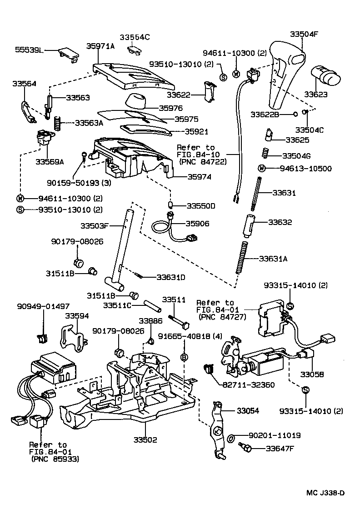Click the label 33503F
coord(95,225)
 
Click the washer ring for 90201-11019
coord(231,438)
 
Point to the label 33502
coord(145,439)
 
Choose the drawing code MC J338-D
coord(325,493)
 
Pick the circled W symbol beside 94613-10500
coord(261,169)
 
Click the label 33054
coord(248,410)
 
